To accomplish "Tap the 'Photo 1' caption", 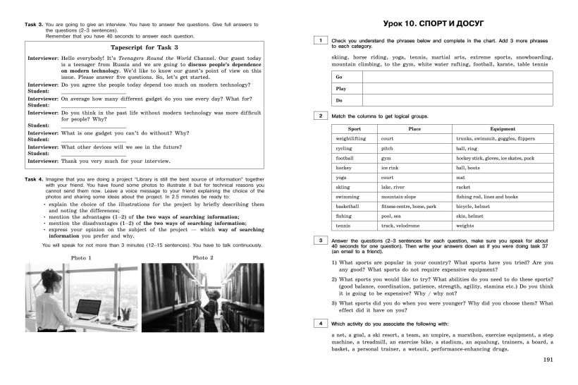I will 80,257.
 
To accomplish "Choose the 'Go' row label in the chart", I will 340,76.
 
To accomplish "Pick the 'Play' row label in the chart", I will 341,88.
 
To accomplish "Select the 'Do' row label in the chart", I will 339,100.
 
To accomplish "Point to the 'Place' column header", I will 415,129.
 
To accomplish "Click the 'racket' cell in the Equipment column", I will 463,188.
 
